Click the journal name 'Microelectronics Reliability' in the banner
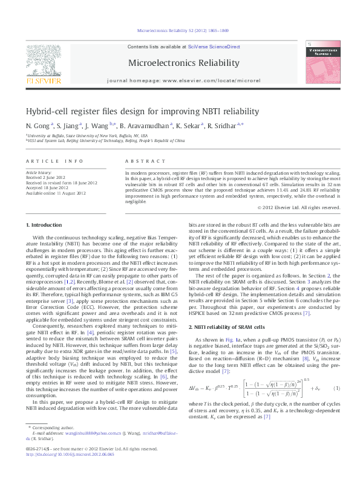pyautogui.click(x=180, y=63)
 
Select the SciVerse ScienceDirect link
pyautogui.click(x=214, y=47)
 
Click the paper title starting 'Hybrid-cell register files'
pyautogui.click(x=133, y=112)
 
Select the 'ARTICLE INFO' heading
pyautogui.click(x=53, y=160)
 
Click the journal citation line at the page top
pyautogui.click(x=180, y=29)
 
